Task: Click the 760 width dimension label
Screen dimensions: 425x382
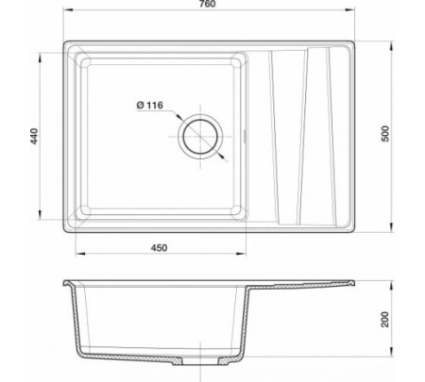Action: tap(208, 4)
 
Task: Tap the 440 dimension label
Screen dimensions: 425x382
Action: tap(34, 136)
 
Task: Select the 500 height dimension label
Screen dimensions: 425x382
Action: tap(385, 134)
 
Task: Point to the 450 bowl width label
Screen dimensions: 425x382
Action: tap(159, 248)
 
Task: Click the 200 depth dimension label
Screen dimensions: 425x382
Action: tap(385, 320)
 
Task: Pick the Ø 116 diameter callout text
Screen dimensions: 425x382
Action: tap(150, 105)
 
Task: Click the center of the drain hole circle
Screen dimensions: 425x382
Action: tap(200, 137)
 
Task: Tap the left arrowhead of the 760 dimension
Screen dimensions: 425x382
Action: tap(68, 9)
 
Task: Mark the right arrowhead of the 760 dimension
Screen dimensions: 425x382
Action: tap(350, 9)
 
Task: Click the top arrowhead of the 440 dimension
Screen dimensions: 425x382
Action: tap(40, 58)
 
